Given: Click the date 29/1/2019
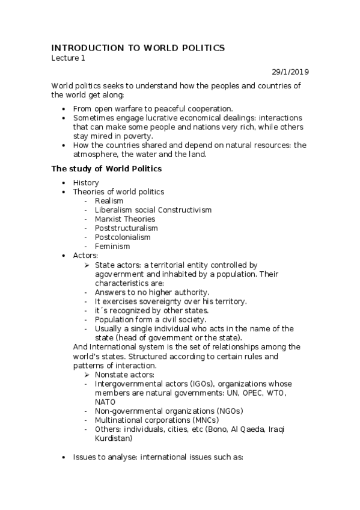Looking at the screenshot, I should (x=290, y=72).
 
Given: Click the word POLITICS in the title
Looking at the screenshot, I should (x=198, y=48).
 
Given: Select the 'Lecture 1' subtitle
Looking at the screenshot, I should (x=68, y=58).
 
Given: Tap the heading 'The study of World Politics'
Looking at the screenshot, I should (x=106, y=168).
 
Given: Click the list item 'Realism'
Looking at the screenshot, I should (x=109, y=201).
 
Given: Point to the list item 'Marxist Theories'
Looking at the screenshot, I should (x=124, y=219).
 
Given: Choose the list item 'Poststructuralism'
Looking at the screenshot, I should (x=126, y=228).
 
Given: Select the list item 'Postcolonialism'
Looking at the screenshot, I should (x=123, y=237).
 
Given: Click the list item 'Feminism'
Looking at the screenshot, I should (x=112, y=246).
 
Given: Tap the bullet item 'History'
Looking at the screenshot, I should (x=86, y=183).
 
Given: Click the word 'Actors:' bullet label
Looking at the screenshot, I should (x=85, y=256).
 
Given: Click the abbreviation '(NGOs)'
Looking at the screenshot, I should (x=230, y=411).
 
